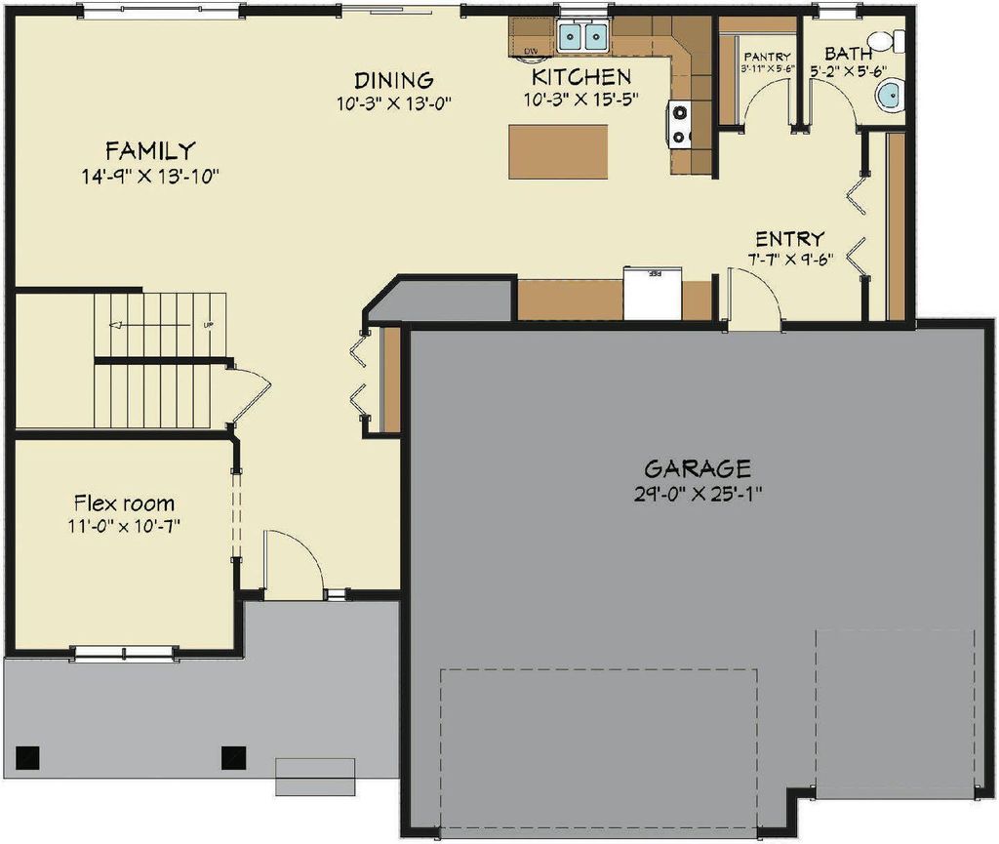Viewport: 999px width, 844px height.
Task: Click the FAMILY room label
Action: pyautogui.click(x=150, y=151)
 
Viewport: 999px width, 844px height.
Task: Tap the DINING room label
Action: pyautogui.click(x=393, y=80)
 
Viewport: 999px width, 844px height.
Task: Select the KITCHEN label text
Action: pyautogui.click(x=580, y=76)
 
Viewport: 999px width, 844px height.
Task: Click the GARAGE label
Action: pyautogui.click(x=697, y=468)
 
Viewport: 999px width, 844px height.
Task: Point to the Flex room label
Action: pyautogui.click(x=125, y=504)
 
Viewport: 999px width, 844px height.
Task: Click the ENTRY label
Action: pyautogui.click(x=790, y=239)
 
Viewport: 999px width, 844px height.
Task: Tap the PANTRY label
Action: pyautogui.click(x=766, y=58)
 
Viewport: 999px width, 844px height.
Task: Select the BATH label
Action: pyautogui.click(x=848, y=54)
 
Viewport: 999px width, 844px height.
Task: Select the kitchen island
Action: pyautogui.click(x=558, y=152)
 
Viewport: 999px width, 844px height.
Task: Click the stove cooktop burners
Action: pyautogui.click(x=679, y=124)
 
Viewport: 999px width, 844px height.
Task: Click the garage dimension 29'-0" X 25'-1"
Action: pyautogui.click(x=697, y=493)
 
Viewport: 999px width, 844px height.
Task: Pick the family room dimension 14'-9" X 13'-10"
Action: pyautogui.click(x=150, y=177)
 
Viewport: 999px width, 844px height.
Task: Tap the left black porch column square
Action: pyautogui.click(x=28, y=755)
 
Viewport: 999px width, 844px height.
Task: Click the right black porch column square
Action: pyautogui.click(x=233, y=755)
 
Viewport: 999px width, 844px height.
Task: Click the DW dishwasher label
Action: pyautogui.click(x=532, y=51)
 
